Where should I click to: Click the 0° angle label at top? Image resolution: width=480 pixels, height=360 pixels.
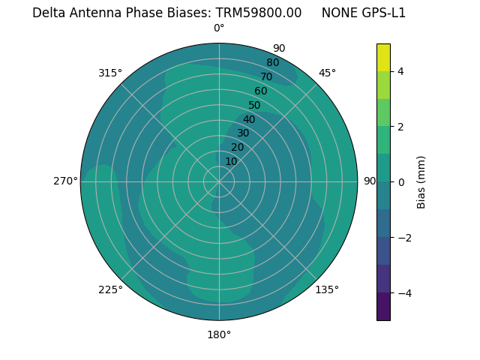pyautogui.click(x=219, y=28)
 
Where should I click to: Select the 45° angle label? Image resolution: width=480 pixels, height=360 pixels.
pyautogui.click(x=327, y=73)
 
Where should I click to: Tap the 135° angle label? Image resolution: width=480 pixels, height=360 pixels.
pyautogui.click(x=327, y=289)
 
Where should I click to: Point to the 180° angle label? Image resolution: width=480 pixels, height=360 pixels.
pyautogui.click(x=219, y=334)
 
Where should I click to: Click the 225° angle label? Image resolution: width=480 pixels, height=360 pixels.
pyautogui.click(x=110, y=289)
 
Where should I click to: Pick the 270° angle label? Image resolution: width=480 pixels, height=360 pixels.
pyautogui.click(x=65, y=181)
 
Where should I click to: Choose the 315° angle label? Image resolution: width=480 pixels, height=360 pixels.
pyautogui.click(x=110, y=73)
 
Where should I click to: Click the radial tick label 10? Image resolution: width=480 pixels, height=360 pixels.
pyautogui.click(x=231, y=162)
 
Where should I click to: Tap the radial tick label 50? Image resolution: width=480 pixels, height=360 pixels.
pyautogui.click(x=254, y=106)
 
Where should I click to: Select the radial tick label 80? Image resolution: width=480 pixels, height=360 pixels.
pyautogui.click(x=272, y=63)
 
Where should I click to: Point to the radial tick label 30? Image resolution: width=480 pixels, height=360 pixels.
pyautogui.click(x=243, y=133)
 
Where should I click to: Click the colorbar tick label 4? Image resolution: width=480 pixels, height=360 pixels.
pyautogui.click(x=400, y=71)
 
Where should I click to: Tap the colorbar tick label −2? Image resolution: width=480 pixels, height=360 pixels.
pyautogui.click(x=403, y=237)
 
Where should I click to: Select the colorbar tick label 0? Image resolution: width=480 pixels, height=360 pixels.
pyautogui.click(x=400, y=182)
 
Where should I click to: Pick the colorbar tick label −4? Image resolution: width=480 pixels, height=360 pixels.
pyautogui.click(x=403, y=292)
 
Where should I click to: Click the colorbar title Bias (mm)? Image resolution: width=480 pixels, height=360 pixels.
pyautogui.click(x=421, y=182)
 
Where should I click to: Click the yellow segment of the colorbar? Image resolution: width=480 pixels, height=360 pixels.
pyautogui.click(x=383, y=58)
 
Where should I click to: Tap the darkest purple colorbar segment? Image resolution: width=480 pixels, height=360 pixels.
pyautogui.click(x=383, y=307)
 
